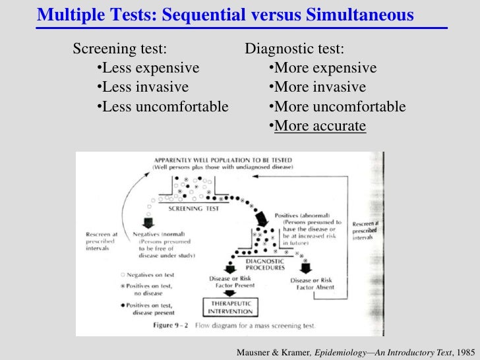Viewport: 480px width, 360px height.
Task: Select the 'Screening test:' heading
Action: (x=119, y=49)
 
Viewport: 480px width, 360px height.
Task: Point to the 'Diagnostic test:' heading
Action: (x=294, y=49)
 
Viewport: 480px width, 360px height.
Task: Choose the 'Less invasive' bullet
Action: (x=142, y=88)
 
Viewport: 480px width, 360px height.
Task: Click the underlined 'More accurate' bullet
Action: (x=319, y=126)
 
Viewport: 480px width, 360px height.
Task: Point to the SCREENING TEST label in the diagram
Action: (x=193, y=208)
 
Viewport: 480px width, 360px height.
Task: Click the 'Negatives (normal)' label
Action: (x=162, y=234)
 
